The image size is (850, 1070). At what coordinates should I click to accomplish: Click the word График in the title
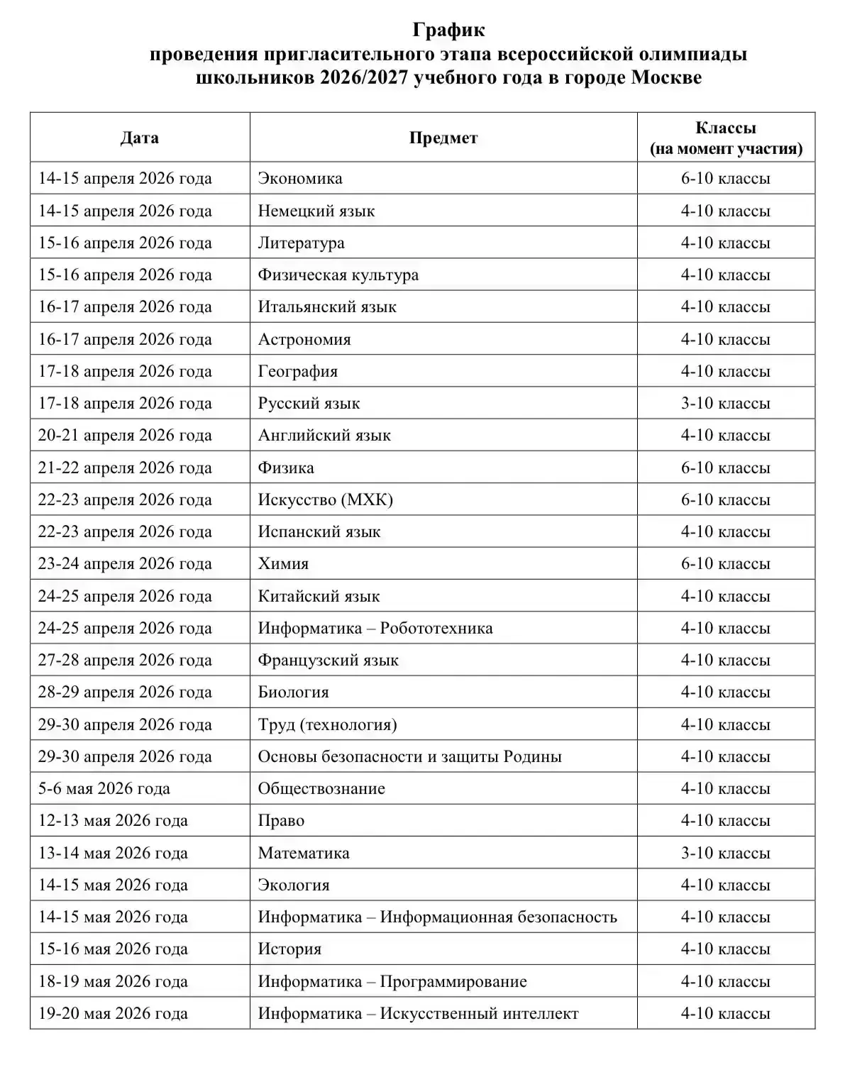(449, 31)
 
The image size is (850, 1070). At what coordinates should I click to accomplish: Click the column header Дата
(139, 138)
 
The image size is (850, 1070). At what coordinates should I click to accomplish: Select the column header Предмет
(443, 138)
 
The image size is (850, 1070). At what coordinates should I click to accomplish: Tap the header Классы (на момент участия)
(726, 138)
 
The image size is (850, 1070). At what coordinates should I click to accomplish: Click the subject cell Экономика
(300, 178)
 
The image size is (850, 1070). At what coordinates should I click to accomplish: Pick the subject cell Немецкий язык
(316, 211)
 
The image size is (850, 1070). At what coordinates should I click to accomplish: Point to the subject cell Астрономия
(304, 339)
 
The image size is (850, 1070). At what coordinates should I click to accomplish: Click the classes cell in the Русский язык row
(726, 403)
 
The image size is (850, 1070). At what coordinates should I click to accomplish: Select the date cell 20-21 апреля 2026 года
(125, 435)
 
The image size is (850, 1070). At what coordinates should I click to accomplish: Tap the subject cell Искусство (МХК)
(326, 500)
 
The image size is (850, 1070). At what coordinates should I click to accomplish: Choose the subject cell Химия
(284, 563)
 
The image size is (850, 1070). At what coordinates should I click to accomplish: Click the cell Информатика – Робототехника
(375, 628)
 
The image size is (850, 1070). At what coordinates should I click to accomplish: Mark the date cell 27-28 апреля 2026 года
(125, 660)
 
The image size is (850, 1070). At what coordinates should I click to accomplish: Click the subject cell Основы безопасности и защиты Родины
(410, 756)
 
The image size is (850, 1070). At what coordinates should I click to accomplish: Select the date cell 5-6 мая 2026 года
(104, 788)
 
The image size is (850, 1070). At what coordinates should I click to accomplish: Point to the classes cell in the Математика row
(726, 853)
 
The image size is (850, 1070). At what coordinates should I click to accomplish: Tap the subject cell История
(289, 949)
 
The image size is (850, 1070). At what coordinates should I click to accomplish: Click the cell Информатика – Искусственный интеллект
(419, 1013)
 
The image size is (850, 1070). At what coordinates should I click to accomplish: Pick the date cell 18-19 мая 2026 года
(113, 981)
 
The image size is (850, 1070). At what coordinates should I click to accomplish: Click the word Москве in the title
(666, 77)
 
